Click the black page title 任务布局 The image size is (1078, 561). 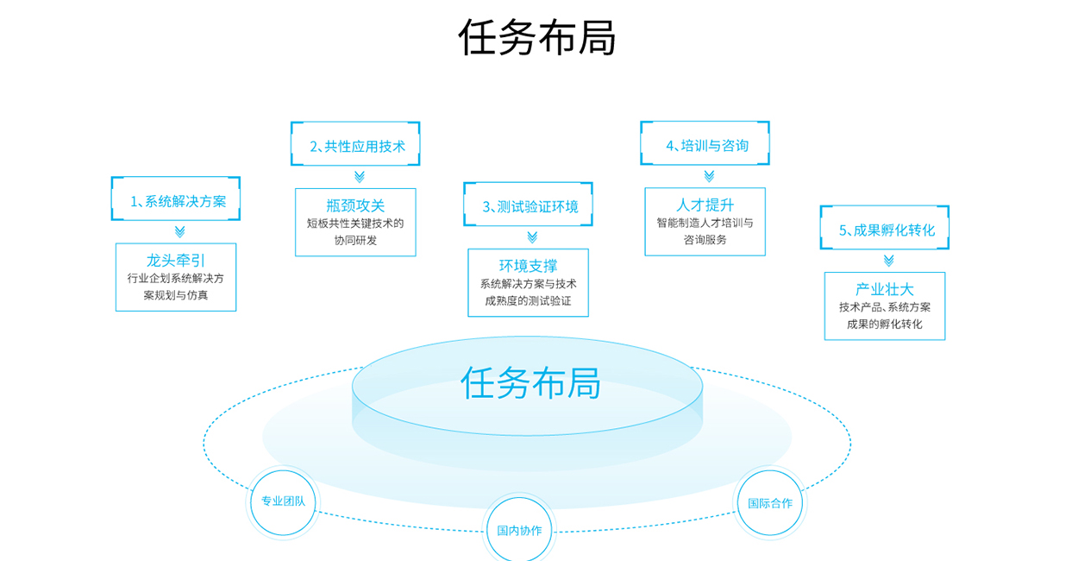point(536,37)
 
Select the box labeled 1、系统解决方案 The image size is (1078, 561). point(176,200)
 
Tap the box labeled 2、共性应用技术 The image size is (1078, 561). point(355,145)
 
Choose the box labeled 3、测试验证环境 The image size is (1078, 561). point(529,205)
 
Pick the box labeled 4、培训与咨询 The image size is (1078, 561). point(705,144)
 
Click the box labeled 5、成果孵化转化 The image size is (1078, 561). point(885,229)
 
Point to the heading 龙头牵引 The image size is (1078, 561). point(176,260)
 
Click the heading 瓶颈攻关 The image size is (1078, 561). point(355,205)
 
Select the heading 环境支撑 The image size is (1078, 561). point(529,265)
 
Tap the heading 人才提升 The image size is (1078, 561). point(705,204)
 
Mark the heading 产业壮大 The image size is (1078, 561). point(885,289)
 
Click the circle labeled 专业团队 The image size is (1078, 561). point(283,501)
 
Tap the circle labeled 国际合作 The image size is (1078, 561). point(769,502)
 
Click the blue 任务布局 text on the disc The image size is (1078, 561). point(530,382)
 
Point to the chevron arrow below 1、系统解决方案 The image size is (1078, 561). point(179,231)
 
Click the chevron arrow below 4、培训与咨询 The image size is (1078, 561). point(709,176)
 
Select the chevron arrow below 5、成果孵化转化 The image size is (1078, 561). point(888,261)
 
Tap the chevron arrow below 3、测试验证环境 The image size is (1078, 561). point(532,237)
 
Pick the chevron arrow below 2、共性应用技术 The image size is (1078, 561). point(360,177)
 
